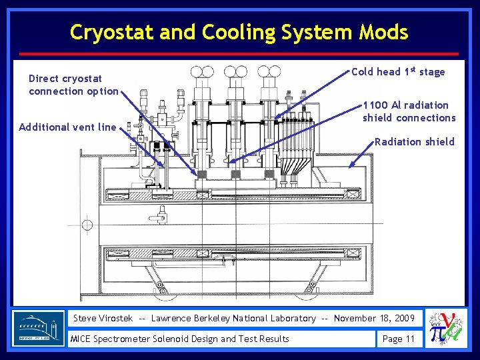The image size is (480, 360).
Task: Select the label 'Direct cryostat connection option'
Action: click(73, 85)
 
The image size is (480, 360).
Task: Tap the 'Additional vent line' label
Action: click(67, 127)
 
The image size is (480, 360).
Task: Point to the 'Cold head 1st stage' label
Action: click(397, 71)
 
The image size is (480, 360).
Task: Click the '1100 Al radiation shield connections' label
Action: click(409, 111)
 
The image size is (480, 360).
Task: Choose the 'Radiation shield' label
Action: click(414, 141)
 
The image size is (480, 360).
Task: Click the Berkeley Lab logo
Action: click(39, 328)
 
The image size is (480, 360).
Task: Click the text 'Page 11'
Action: click(398, 339)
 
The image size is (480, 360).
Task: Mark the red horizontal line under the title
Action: click(240, 53)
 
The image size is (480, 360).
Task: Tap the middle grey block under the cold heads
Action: click(235, 174)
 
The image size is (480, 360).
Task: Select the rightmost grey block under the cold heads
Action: click(269, 174)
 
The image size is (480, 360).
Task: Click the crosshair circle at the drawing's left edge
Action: click(87, 225)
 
